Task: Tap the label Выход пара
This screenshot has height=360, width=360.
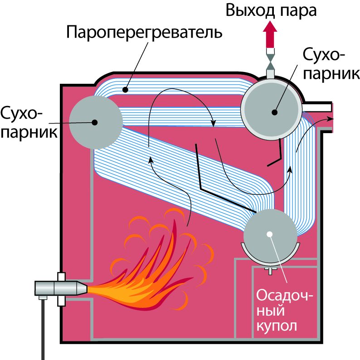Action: [271, 10]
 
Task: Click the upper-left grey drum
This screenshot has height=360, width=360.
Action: [96, 122]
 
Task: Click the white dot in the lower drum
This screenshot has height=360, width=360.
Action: [270, 234]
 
